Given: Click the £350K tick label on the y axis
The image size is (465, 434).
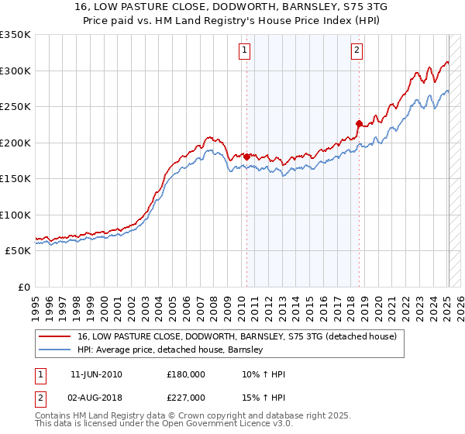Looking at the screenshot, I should (x=15, y=35).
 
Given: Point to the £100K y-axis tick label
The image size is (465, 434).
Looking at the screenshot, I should (x=15, y=215).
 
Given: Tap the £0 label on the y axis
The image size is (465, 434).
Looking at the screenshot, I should (x=22, y=287).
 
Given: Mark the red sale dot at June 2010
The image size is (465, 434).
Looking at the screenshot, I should (x=247, y=157).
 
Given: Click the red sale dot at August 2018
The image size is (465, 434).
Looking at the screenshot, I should (x=359, y=123).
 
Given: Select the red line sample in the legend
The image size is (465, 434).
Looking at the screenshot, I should (x=54, y=336).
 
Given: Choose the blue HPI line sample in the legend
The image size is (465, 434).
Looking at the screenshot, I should (x=54, y=350).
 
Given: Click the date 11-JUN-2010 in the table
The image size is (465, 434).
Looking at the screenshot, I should (x=96, y=374).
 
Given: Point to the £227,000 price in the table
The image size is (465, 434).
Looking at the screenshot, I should (x=187, y=398).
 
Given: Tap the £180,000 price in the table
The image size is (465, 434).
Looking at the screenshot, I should (x=187, y=374).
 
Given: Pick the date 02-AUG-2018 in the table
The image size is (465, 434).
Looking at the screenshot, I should (x=96, y=398).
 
